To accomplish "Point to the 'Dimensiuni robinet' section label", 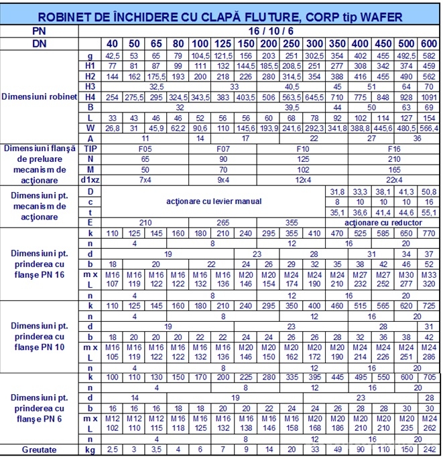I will pos(41,96).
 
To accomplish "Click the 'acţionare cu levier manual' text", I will pos(214,201).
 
